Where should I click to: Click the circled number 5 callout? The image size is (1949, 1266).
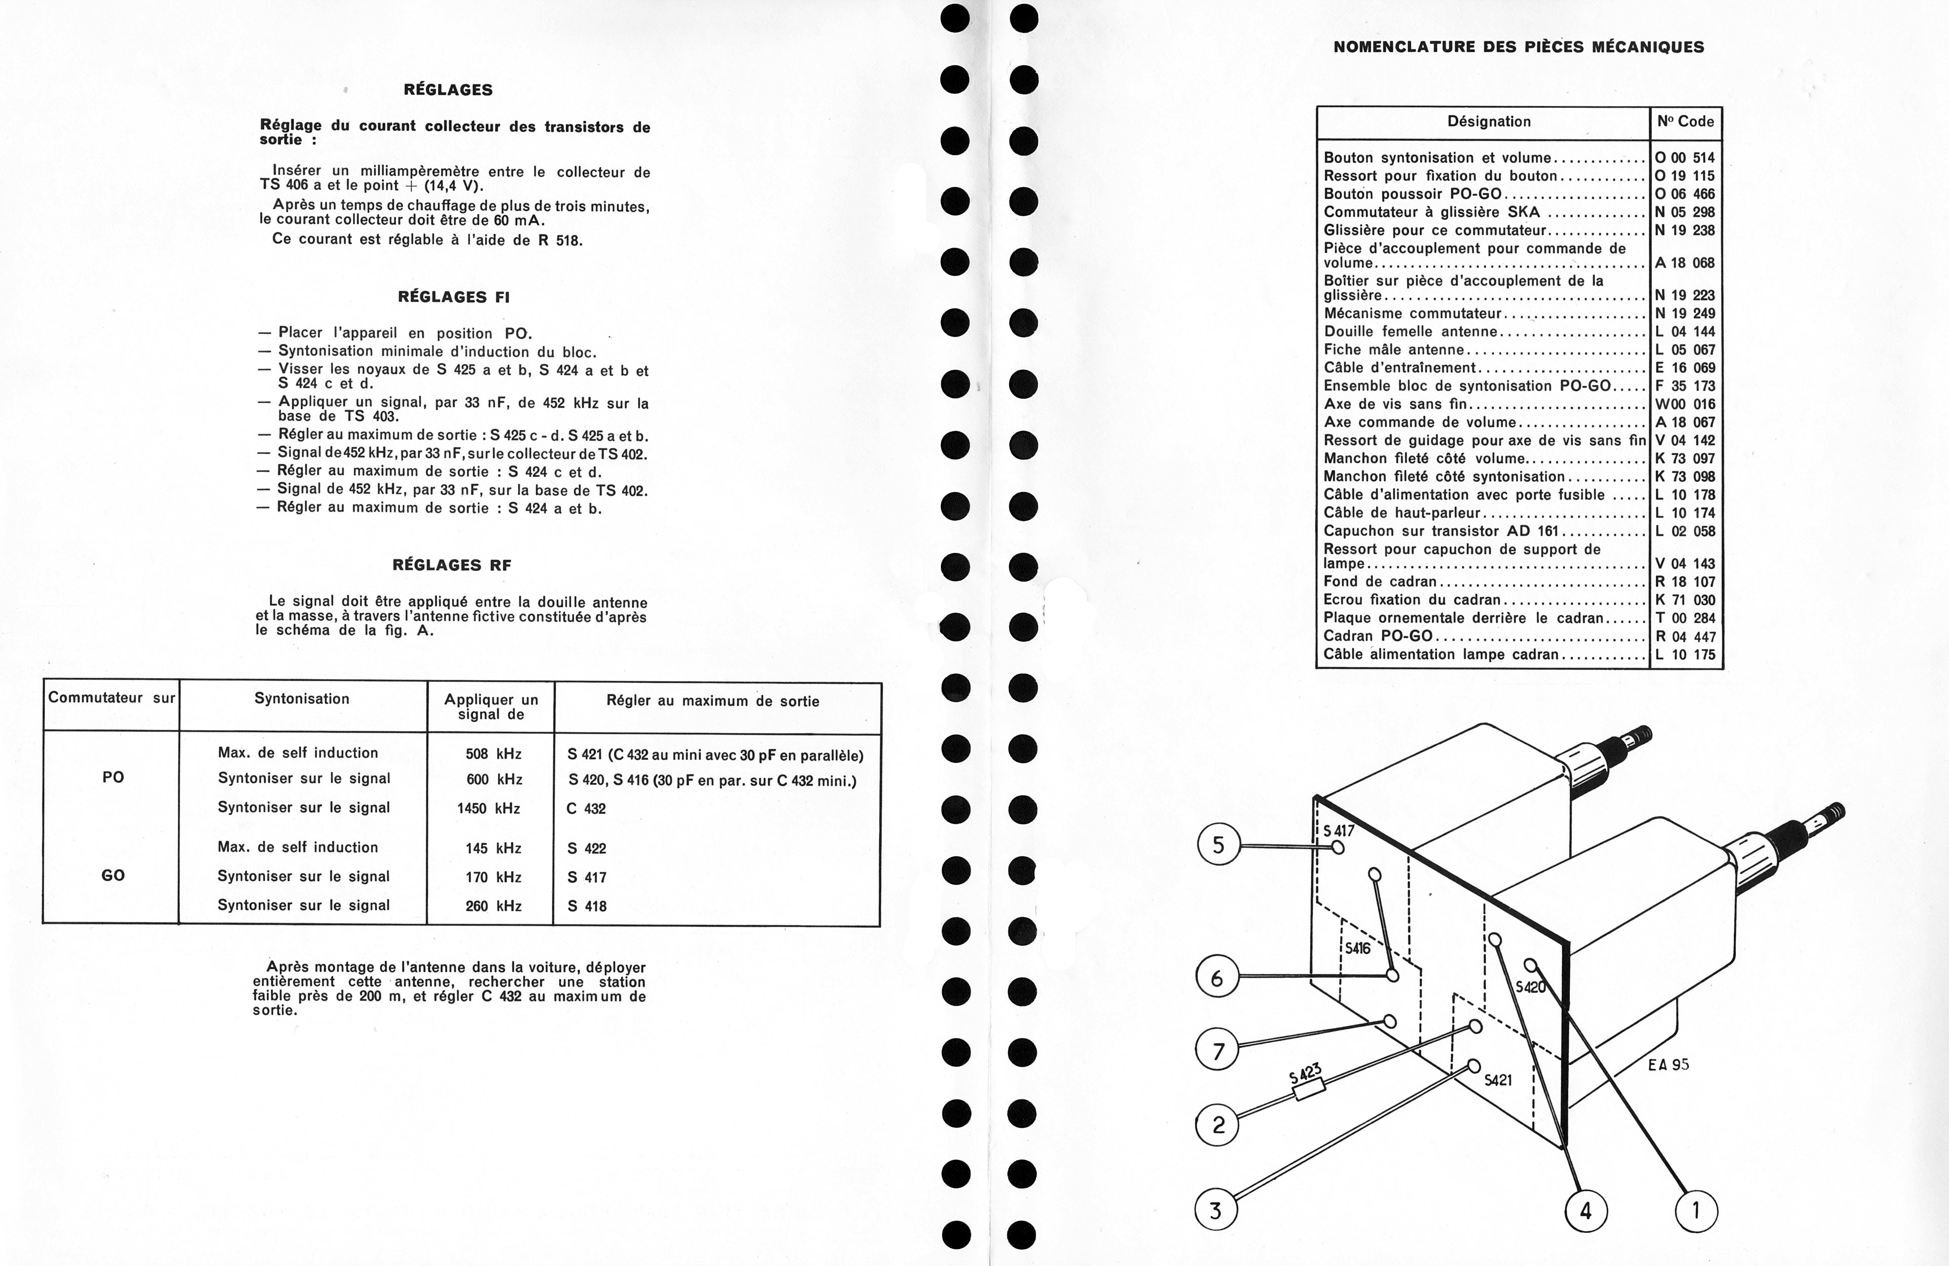point(1218,845)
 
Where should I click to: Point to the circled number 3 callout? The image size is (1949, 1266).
point(1215,1209)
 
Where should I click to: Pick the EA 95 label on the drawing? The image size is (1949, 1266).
point(1668,1064)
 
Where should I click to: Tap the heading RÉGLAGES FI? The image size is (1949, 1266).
point(454,296)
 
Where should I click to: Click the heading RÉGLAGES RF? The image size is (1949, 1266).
point(452,565)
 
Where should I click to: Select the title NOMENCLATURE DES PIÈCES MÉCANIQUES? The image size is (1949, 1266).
point(1519,47)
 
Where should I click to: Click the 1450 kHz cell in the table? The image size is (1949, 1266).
point(489,808)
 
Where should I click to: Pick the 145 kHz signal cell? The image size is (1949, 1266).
point(493,848)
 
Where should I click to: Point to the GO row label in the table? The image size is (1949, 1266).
point(113,876)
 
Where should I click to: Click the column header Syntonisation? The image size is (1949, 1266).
point(301,698)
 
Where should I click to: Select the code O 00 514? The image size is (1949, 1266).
point(1685,157)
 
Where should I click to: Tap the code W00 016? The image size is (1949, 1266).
point(1685,404)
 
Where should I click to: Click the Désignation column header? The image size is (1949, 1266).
point(1489,121)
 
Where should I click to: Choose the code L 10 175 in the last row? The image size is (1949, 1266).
point(1685,654)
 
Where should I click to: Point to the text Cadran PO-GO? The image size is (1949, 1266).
point(1378,636)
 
